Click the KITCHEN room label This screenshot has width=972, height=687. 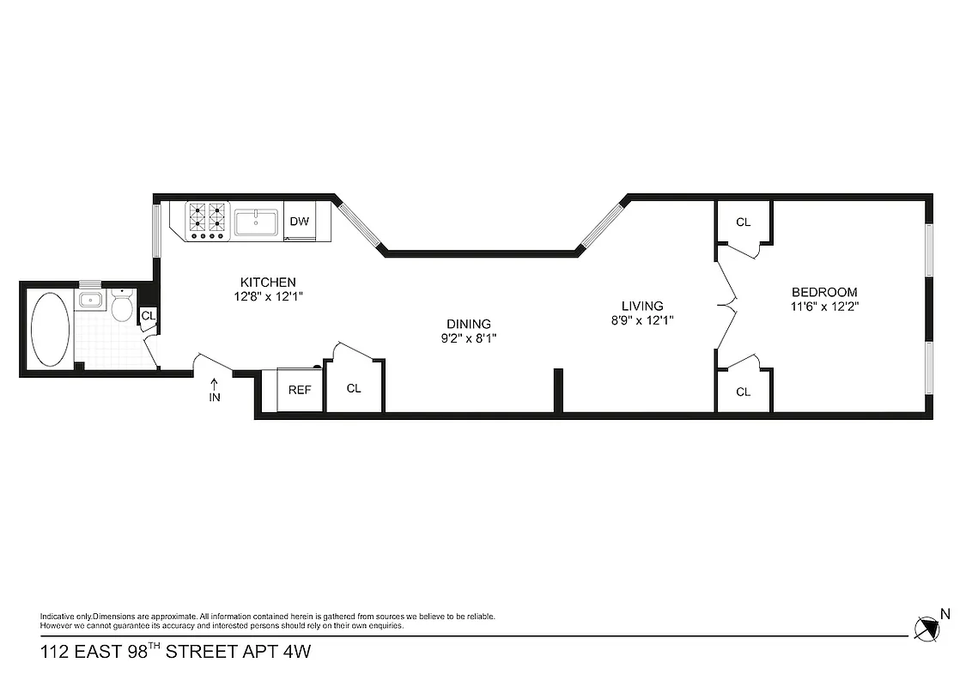click(x=268, y=282)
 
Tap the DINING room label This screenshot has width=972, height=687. click(x=468, y=324)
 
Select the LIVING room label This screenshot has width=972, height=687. click(x=642, y=306)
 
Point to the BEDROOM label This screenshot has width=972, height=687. click(x=824, y=292)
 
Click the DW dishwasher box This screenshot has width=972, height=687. click(x=299, y=222)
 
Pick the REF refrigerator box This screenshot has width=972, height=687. click(x=299, y=390)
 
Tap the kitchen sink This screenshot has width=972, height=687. click(x=256, y=222)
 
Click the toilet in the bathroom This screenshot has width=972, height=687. click(x=122, y=306)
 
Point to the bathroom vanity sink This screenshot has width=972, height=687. click(x=90, y=301)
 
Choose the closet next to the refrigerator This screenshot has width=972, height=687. click(x=354, y=388)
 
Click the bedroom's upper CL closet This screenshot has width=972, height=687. click(x=744, y=222)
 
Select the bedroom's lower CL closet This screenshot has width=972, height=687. click(x=744, y=392)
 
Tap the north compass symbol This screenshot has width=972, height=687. click(x=926, y=629)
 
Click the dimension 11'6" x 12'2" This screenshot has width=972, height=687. click(x=824, y=306)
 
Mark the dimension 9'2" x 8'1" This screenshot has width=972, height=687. click(x=468, y=337)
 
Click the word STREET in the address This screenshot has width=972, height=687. click(x=202, y=652)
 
